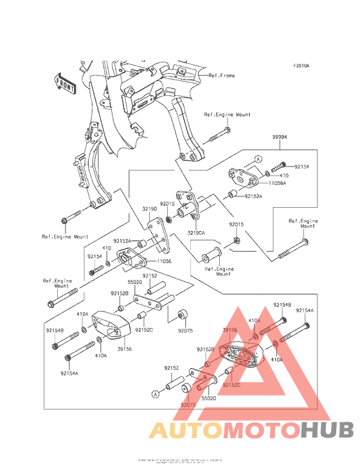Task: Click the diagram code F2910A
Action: [x=301, y=66]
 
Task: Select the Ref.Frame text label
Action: [x=222, y=75]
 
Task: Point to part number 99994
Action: [x=279, y=138]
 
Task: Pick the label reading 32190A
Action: [x=196, y=232]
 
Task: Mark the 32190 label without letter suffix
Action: [x=150, y=209]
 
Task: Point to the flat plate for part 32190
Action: [x=157, y=237]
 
